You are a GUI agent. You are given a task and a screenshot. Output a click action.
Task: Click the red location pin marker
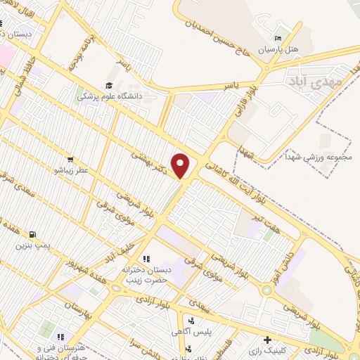[x=181, y=166]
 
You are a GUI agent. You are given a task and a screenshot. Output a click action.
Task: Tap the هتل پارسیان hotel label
[x=280, y=50]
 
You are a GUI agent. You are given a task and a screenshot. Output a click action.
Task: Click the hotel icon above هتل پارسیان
[x=278, y=38]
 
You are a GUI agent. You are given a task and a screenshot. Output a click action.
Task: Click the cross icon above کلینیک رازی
[x=266, y=339]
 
